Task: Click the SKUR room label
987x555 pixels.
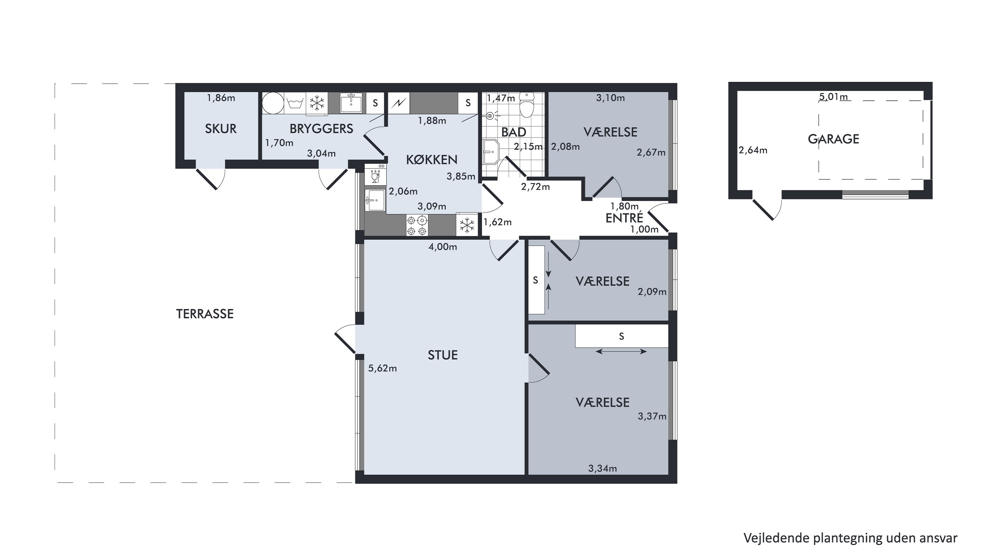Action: (221, 129)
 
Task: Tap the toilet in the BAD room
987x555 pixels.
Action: (527, 104)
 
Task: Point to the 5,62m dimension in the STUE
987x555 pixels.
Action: (382, 368)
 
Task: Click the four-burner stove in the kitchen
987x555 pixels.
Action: (417, 226)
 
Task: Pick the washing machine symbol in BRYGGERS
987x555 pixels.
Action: (295, 103)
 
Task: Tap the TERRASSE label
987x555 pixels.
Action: (205, 314)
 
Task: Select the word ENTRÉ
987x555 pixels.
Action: (624, 218)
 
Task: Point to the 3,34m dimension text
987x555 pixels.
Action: (602, 468)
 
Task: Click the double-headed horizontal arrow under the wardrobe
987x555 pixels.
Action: (621, 351)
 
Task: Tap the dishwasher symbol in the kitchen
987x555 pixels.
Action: (375, 175)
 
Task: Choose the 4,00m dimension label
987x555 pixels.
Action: (443, 247)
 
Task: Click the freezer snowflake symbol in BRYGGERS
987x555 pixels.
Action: (317, 103)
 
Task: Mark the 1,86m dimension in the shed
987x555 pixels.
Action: (221, 98)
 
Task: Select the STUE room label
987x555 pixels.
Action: (443, 355)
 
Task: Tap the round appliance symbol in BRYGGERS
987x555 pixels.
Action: (273, 103)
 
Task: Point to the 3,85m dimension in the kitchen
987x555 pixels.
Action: (461, 177)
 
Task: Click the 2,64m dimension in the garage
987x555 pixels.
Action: (753, 150)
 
